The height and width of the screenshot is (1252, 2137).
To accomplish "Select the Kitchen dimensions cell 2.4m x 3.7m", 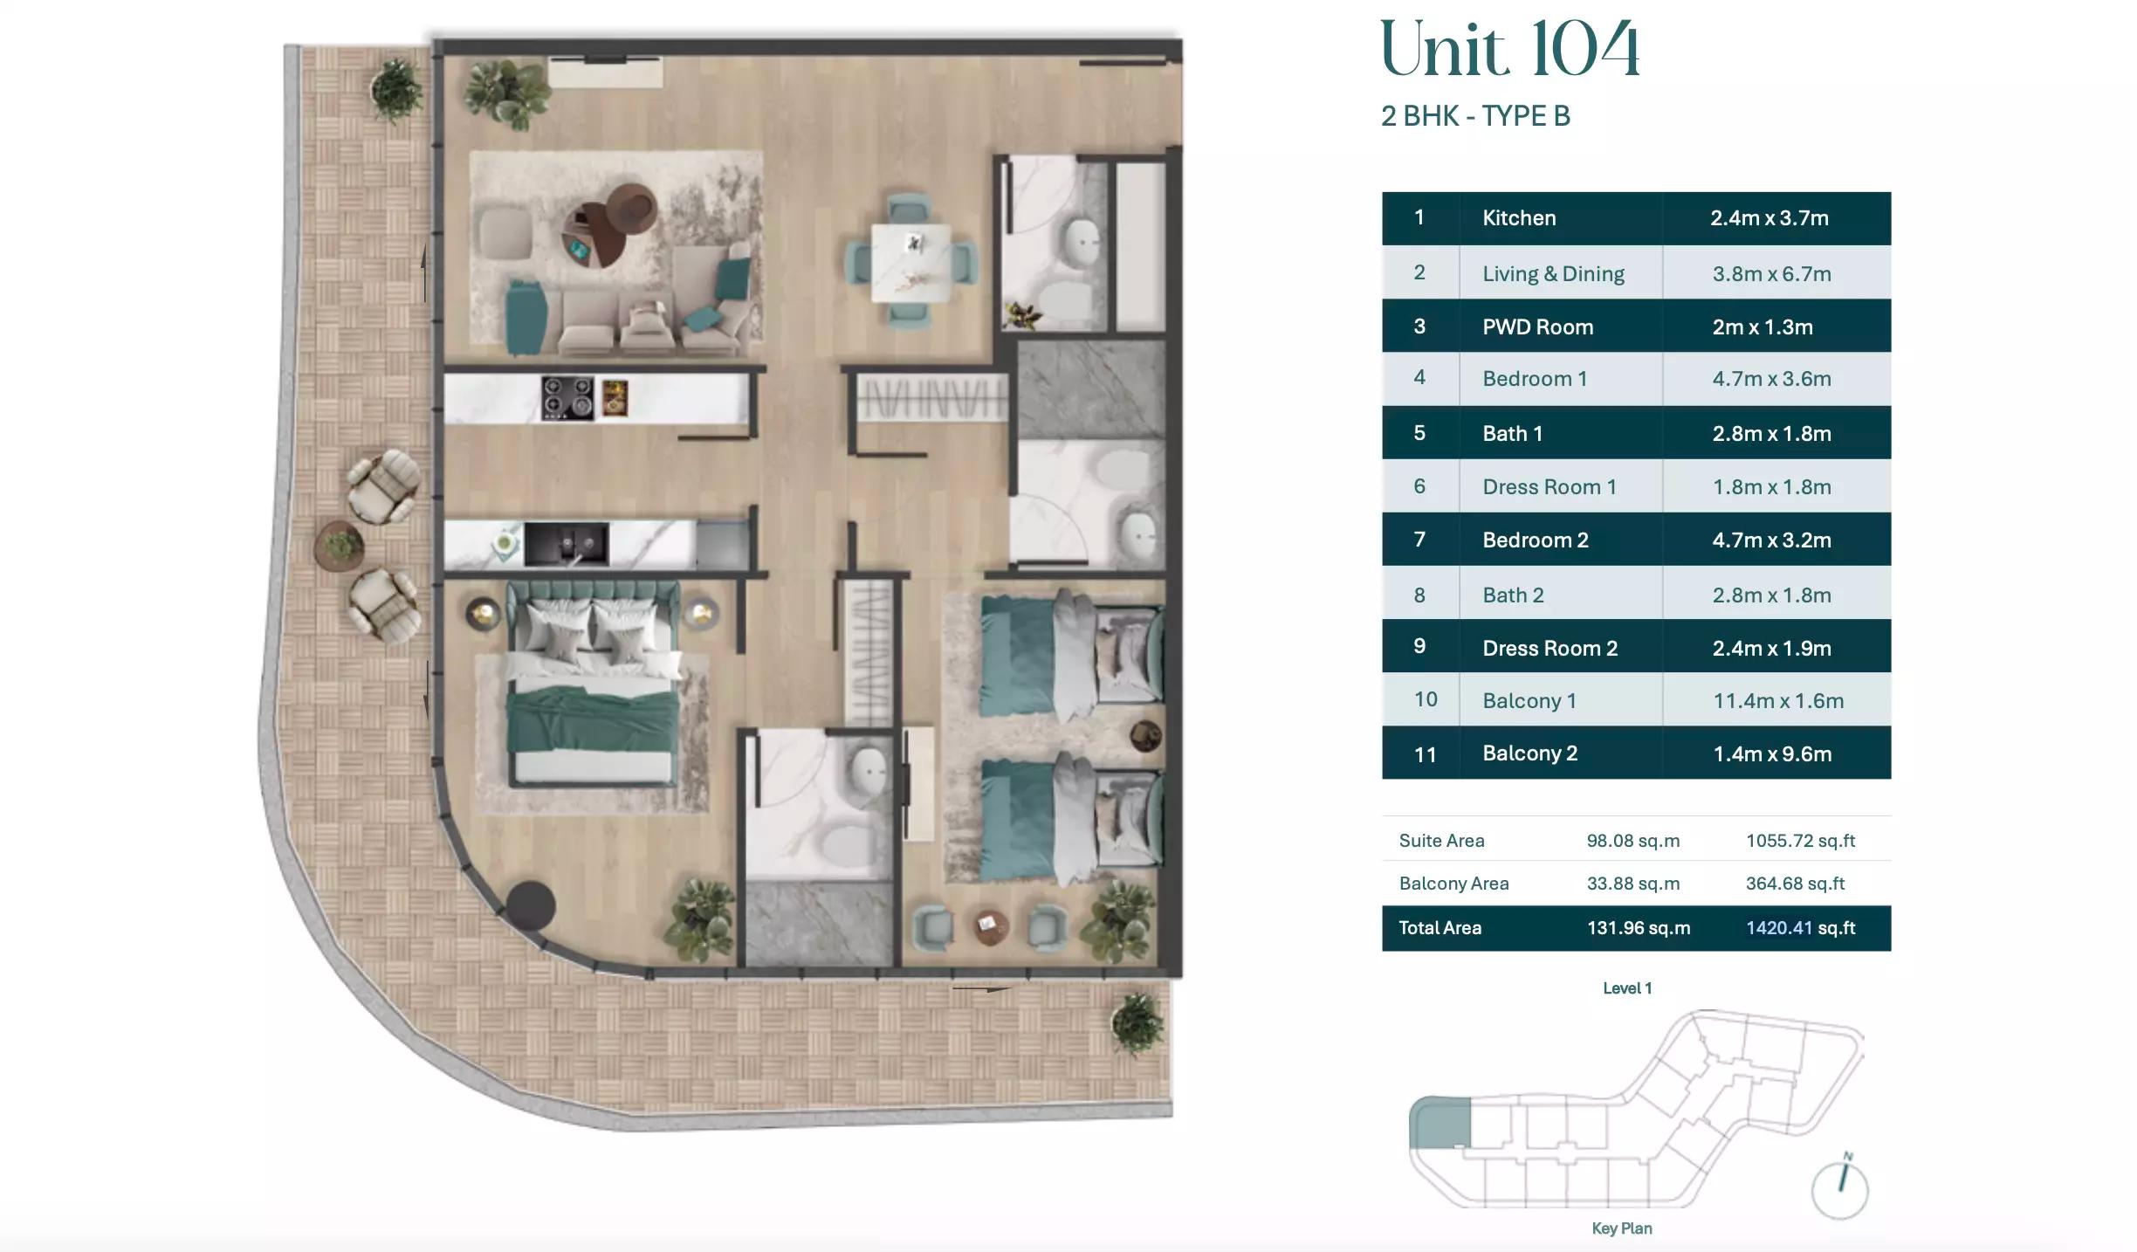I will (1769, 218).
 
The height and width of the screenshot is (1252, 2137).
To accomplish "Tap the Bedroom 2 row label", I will (1535, 540).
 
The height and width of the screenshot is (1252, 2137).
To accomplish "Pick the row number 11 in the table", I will (1424, 754).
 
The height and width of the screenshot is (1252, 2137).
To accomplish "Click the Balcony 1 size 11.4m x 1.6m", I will (1777, 701).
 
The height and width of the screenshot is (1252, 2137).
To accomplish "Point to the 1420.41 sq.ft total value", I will (1799, 928).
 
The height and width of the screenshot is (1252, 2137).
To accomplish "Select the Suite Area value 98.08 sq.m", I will (1632, 841).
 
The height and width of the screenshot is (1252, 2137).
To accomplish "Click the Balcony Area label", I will (1453, 884).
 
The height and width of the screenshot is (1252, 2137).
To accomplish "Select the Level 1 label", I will (1627, 988).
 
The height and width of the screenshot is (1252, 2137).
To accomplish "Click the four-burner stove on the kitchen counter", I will (567, 398).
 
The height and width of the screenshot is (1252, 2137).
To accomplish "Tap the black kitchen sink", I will (567, 545).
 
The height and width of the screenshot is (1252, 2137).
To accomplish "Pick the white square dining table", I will (910, 263).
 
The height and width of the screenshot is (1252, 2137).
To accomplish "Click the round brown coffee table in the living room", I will (611, 223).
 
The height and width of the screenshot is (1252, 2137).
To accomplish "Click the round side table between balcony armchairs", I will (339, 545).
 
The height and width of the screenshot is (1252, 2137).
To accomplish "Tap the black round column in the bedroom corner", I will (530, 905).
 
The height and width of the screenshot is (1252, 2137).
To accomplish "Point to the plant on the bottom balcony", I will (1137, 1022).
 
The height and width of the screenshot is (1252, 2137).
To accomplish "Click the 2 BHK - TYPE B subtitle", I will (1475, 116).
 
